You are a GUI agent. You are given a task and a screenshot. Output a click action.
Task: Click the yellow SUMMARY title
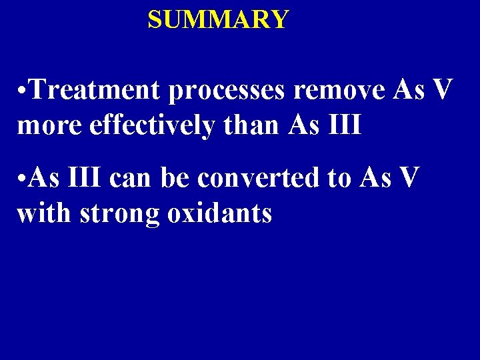(x=218, y=19)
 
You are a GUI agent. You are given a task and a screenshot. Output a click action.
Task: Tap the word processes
(x=226, y=90)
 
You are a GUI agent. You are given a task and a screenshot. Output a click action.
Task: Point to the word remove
(x=339, y=90)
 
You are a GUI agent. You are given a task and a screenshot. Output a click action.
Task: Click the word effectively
(x=151, y=125)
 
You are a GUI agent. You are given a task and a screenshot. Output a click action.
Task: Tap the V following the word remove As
(x=441, y=90)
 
